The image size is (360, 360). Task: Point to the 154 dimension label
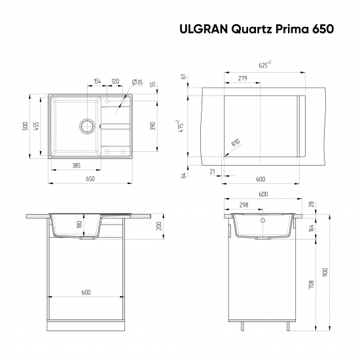click(x=97, y=82)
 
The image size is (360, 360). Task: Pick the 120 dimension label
click(x=115, y=82)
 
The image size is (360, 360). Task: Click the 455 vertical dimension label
click(x=37, y=126)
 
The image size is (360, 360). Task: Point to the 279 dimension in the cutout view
click(x=242, y=79)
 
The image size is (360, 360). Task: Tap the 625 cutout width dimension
click(x=263, y=64)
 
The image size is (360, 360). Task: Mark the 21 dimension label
click(x=213, y=171)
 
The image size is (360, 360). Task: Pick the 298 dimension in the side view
click(x=243, y=205)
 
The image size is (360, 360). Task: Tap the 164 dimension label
click(x=311, y=228)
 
